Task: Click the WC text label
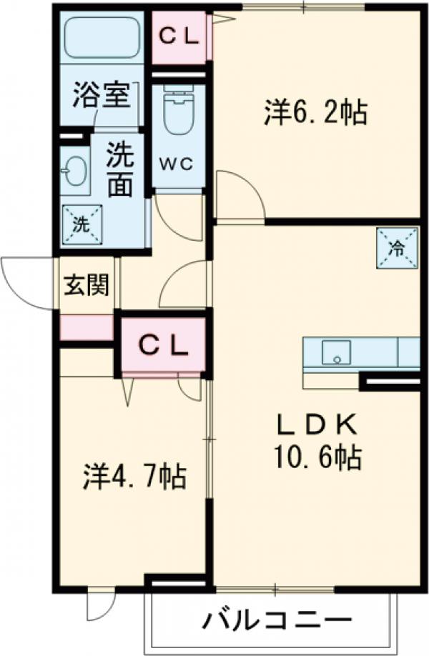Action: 177,164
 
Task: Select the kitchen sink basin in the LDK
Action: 336,353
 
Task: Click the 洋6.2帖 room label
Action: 315,114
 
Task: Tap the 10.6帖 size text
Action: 316,457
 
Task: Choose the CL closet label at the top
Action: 179,35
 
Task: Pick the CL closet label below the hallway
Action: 163,346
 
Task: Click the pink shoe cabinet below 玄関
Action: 86,328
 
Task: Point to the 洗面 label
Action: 120,172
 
